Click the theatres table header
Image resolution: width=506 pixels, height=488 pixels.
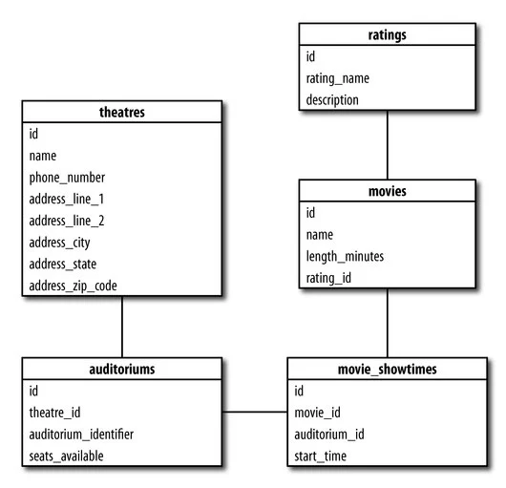121,113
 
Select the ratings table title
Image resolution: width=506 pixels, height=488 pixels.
387,35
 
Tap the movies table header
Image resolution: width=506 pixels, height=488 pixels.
387,191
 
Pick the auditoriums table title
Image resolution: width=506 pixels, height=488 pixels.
121,368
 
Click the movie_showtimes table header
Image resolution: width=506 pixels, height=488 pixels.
387,368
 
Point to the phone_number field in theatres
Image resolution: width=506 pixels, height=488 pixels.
67,177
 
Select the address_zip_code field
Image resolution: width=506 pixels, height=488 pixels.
73,285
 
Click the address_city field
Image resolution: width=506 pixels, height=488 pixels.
59,242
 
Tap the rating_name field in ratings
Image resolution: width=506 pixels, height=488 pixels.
337,78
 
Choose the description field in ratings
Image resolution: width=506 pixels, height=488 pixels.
332,99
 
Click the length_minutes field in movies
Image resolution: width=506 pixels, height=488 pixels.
346,256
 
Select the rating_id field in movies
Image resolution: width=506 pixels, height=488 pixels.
329,278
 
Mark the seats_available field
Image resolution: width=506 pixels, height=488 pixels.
66,456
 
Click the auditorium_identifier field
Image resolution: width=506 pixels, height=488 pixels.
81,434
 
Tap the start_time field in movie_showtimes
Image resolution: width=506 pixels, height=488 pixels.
320,456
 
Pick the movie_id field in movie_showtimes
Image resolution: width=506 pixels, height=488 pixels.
317,413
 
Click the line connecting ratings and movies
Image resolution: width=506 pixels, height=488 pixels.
387,144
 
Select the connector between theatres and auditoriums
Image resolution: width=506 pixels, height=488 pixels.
121,326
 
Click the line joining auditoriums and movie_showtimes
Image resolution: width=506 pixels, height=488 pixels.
255,413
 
